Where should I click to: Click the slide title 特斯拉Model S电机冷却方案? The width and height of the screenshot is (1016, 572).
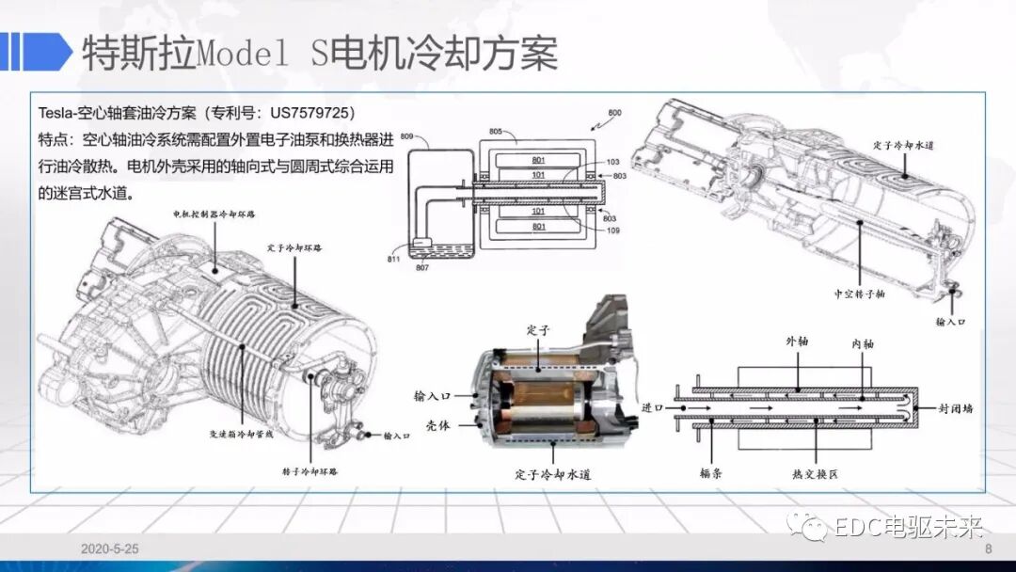(320, 54)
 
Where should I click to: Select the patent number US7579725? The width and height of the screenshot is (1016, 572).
(302, 113)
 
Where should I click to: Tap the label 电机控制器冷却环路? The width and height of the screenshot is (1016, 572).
(214, 215)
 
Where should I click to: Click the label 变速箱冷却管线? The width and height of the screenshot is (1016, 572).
(241, 435)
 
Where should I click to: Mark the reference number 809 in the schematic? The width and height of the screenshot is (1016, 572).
(406, 137)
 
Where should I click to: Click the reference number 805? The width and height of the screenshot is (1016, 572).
(496, 132)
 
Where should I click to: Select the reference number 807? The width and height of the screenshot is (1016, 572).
(422, 268)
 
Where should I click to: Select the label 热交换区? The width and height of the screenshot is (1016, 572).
(815, 474)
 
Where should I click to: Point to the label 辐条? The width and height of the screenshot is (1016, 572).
(710, 474)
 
